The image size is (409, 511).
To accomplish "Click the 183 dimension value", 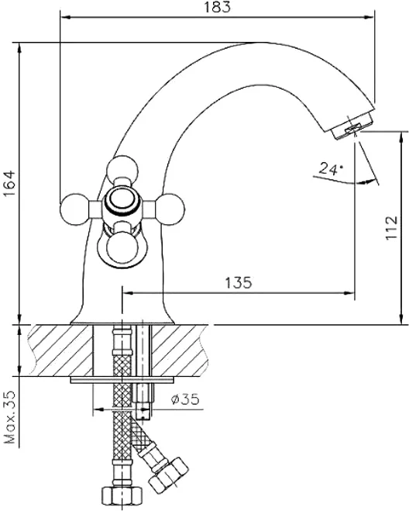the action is pos(217,7).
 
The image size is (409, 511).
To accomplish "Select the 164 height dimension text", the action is pos(10,183).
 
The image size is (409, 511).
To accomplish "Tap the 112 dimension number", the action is pos(392,227).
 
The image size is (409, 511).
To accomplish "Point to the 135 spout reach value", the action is pos(239,282).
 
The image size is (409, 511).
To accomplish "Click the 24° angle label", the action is pos(331,168).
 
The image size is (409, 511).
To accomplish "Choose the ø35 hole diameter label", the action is pos(185,399).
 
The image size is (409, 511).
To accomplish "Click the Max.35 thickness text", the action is pos(10,417).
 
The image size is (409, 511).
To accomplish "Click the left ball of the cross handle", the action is pos(75,209).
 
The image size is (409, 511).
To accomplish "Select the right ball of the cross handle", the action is pos(170,209).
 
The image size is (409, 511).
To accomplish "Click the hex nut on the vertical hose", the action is pos(122,497).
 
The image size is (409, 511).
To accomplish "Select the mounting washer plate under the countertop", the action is pos(122,380).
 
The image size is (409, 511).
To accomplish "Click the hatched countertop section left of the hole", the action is pos(61,350).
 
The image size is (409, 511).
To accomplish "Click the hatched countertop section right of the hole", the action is pos(180,350).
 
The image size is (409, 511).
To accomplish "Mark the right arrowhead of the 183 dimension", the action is pos(368,17).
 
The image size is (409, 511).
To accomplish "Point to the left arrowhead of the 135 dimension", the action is pos(128,293).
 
